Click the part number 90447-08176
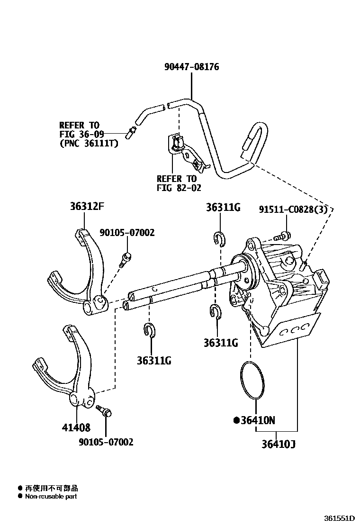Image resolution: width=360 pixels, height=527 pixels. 191,67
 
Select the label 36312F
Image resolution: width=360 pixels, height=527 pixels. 84,207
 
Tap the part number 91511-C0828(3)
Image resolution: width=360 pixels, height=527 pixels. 293,209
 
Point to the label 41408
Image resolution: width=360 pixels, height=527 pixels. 76,428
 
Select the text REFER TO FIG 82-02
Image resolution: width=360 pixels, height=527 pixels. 176,183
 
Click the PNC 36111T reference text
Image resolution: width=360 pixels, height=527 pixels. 89,143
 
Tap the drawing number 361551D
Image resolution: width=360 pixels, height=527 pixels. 339,518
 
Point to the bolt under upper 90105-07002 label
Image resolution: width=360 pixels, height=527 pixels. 126,259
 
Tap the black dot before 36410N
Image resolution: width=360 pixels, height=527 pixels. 236,420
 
